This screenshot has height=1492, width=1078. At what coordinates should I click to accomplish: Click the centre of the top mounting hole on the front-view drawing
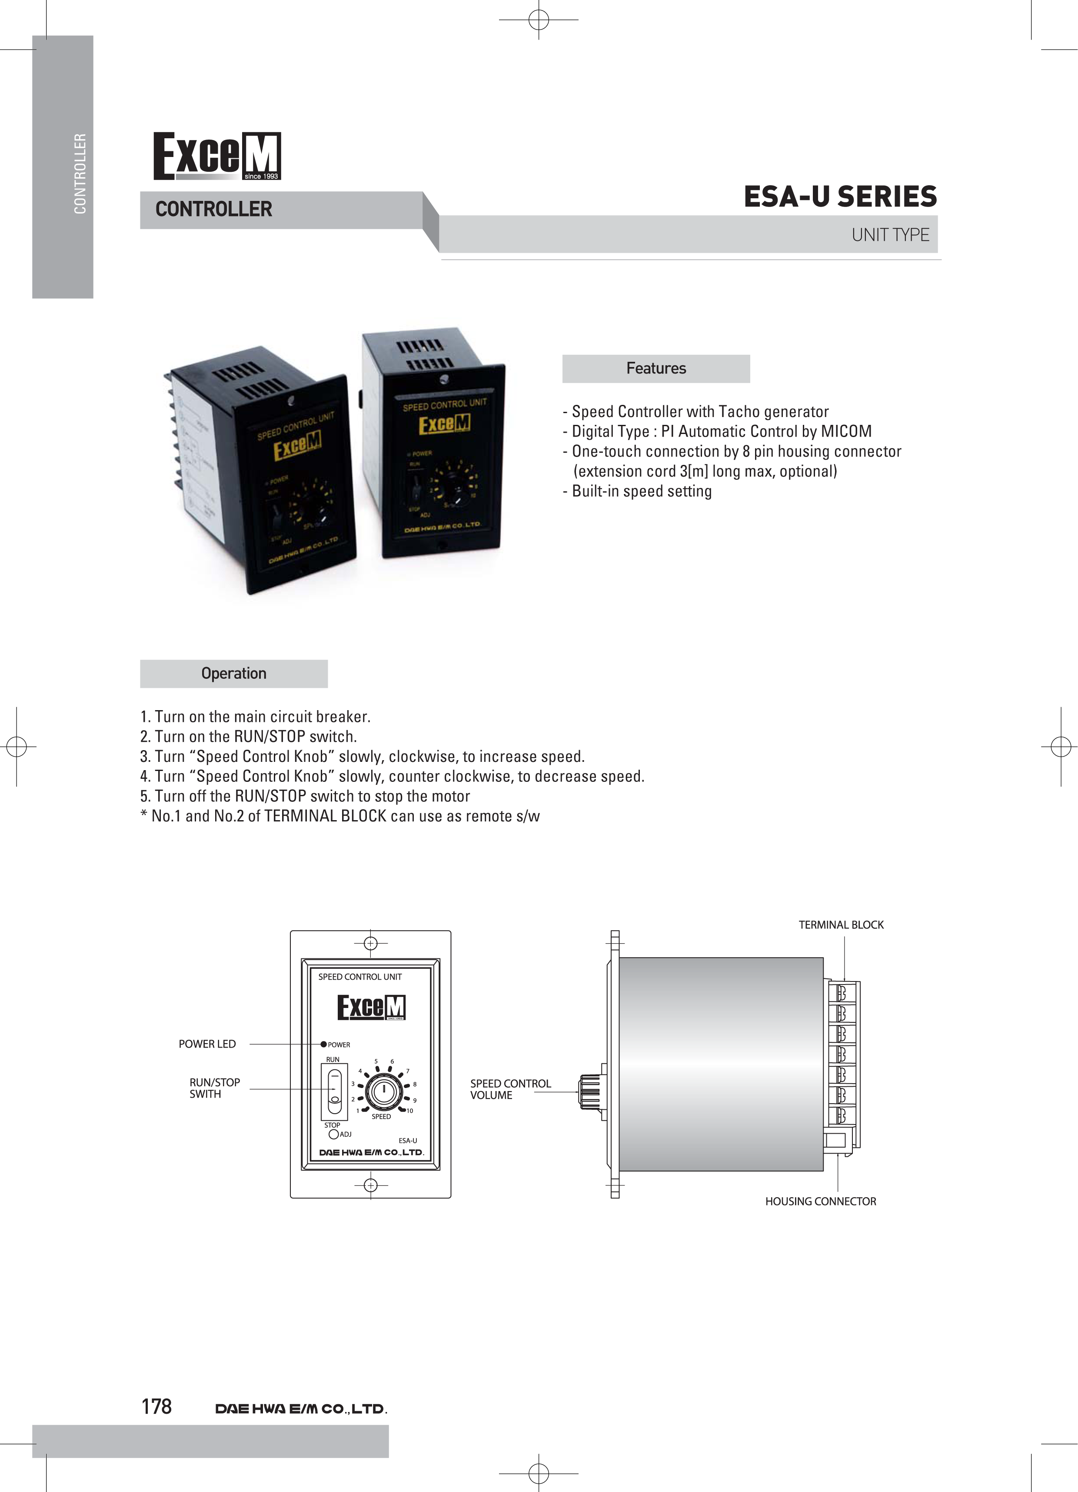click(x=370, y=943)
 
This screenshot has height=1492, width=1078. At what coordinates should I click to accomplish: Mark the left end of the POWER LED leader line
click(x=250, y=1044)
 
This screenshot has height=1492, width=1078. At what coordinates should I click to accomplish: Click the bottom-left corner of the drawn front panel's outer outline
click(x=291, y=1198)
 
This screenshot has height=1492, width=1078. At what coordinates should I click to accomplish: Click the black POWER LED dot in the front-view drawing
click(x=323, y=1044)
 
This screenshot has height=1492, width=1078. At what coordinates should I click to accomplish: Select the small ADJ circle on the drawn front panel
click(x=333, y=1134)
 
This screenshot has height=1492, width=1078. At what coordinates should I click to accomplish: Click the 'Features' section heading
click(x=656, y=368)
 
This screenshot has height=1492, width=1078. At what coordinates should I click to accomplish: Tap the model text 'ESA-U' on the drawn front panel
click(x=408, y=1141)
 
